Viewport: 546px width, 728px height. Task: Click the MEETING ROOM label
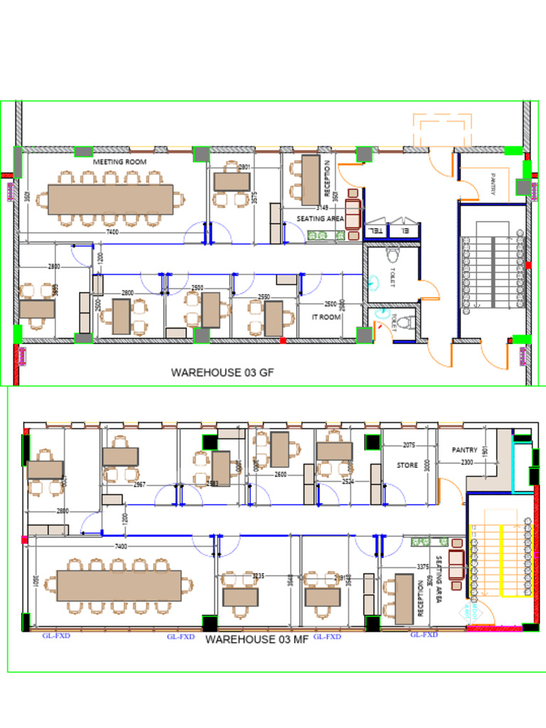tap(119, 162)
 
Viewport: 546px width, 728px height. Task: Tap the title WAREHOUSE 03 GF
tap(223, 372)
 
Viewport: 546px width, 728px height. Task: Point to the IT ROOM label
tap(326, 317)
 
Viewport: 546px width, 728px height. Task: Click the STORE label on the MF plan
tap(407, 466)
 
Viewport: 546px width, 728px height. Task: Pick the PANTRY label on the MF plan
tap(464, 450)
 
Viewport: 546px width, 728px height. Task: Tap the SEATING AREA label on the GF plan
tap(321, 219)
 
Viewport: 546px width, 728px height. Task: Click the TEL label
tap(375, 231)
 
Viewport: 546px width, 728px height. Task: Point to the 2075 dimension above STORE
tap(409, 446)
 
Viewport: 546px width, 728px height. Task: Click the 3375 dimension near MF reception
tap(422, 567)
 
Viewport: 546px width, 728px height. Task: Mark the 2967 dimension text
tap(139, 485)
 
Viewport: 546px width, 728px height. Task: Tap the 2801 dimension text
tap(244, 167)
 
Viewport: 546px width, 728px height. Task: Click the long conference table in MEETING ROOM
tap(110, 199)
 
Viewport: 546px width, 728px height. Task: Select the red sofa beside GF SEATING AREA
tap(353, 214)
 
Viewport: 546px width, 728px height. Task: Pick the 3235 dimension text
tap(258, 576)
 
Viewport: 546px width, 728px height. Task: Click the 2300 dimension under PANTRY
tap(466, 463)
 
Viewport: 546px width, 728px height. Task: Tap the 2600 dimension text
tap(280, 474)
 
